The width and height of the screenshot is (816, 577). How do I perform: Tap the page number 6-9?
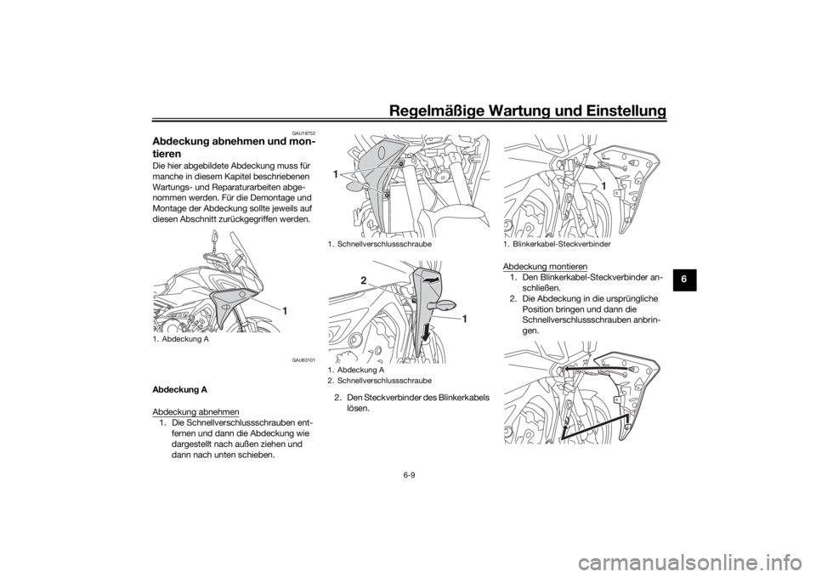(x=409, y=475)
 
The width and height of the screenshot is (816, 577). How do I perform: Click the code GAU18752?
(x=305, y=133)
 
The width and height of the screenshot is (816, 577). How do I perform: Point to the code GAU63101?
(x=304, y=359)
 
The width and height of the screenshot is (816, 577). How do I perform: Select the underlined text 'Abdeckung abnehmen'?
(x=195, y=412)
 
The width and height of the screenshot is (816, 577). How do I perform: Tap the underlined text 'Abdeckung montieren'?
(x=545, y=267)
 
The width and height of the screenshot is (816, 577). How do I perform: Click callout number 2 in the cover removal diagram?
(x=364, y=281)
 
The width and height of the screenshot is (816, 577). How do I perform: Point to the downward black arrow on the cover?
(x=426, y=331)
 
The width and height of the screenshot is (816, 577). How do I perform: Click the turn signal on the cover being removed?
(x=445, y=304)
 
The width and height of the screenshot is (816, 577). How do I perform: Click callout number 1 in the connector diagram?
(x=603, y=186)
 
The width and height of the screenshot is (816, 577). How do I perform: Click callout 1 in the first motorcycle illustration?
(x=286, y=311)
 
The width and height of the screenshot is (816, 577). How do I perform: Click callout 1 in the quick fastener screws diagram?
(x=337, y=175)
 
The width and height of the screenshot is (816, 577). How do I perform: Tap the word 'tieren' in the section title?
(x=167, y=154)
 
